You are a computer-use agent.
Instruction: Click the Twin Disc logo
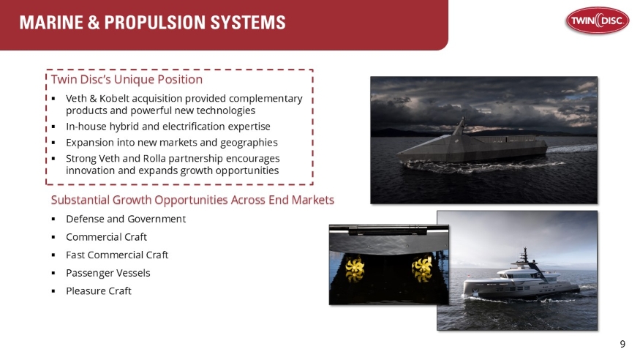595,22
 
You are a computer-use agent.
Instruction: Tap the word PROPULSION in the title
148,23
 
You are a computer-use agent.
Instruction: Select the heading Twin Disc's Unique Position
127,79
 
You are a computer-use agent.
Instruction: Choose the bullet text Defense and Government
125,219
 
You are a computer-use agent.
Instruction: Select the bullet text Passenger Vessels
108,273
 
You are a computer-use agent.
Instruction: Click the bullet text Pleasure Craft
99,291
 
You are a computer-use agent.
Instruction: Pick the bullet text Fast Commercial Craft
117,255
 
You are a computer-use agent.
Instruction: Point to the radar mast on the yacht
524,255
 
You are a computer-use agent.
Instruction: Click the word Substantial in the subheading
80,200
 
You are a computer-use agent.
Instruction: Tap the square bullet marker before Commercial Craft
54,238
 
